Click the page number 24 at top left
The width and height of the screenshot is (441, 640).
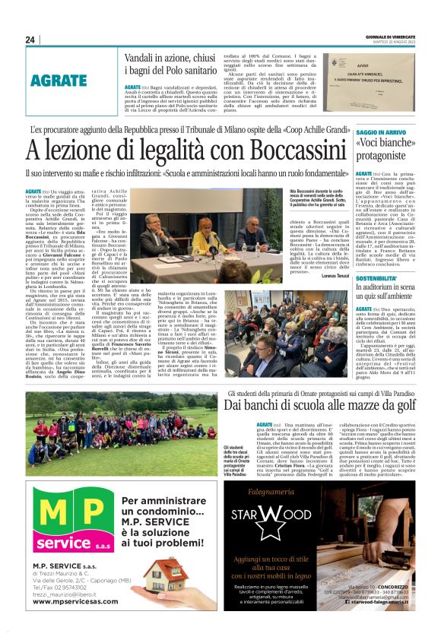(30, 40)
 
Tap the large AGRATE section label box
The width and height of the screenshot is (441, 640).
(59, 79)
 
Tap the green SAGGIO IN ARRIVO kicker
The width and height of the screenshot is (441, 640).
(380, 133)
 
